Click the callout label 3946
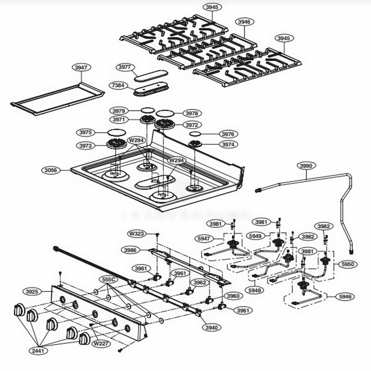point(244,22)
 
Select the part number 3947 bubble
point(81,68)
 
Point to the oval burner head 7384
point(152,89)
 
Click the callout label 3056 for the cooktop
point(51,170)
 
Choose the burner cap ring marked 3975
point(116,132)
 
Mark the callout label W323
point(137,234)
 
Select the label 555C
point(108,279)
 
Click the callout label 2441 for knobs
point(39,350)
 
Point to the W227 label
point(101,344)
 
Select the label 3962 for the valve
point(200,282)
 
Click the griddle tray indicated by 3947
point(58,98)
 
